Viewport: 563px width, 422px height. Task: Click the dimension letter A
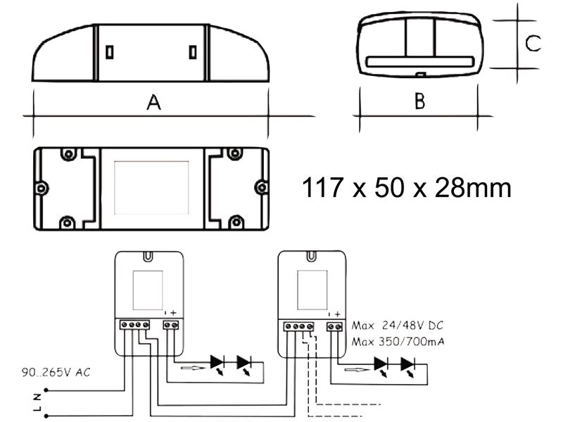pyautogui.click(x=153, y=102)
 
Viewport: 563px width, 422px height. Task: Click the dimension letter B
pyautogui.click(x=419, y=101)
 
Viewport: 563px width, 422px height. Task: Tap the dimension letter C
pyautogui.click(x=533, y=43)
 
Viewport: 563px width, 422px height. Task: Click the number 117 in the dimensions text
pyautogui.click(x=322, y=187)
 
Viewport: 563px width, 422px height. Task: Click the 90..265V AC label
pyautogui.click(x=56, y=373)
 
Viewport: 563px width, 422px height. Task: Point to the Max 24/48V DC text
pyautogui.click(x=398, y=326)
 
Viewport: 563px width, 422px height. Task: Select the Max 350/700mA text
pyautogui.click(x=398, y=341)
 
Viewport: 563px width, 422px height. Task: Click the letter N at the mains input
pyautogui.click(x=37, y=397)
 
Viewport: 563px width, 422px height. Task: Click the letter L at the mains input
pyautogui.click(x=37, y=409)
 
